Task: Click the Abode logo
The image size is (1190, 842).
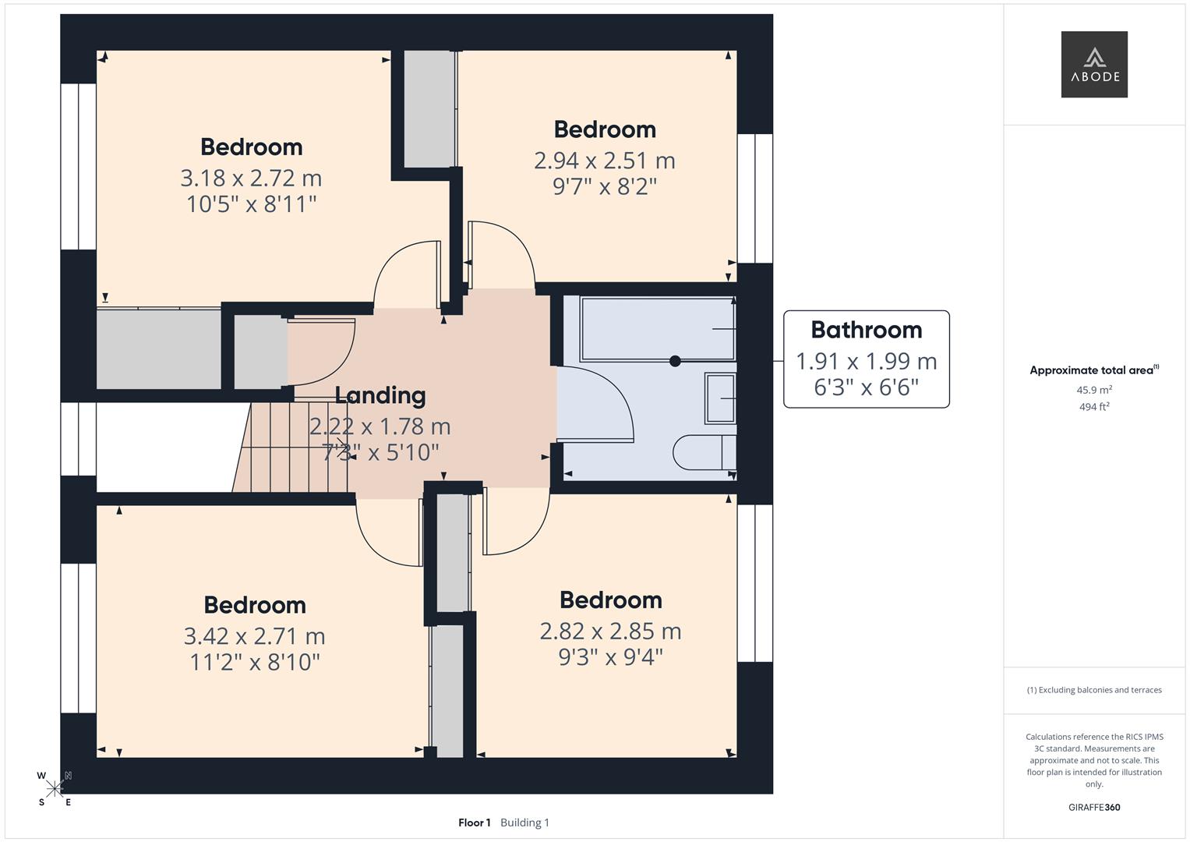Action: point(1094,64)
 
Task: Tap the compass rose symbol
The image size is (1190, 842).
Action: point(55,788)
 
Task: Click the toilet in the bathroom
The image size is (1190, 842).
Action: point(703,452)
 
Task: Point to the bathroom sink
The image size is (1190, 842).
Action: point(720,398)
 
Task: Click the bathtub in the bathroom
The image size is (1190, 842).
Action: point(657,329)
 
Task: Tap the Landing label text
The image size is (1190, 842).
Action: point(380,395)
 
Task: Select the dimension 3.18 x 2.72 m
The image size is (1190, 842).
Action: point(251,178)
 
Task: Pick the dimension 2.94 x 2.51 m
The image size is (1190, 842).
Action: point(604,161)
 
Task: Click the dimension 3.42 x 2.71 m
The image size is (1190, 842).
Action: point(254,636)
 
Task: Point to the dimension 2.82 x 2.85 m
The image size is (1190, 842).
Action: point(610,631)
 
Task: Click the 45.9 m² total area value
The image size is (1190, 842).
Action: point(1094,390)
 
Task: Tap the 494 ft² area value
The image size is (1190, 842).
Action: point(1094,406)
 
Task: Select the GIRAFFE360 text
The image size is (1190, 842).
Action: point(1094,807)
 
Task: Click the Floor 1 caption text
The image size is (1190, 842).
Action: point(474,823)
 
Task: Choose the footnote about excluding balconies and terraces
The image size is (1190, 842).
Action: point(1094,690)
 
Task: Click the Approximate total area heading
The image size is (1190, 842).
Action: point(1093,370)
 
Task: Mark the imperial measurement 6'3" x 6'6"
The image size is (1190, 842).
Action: point(866,387)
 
